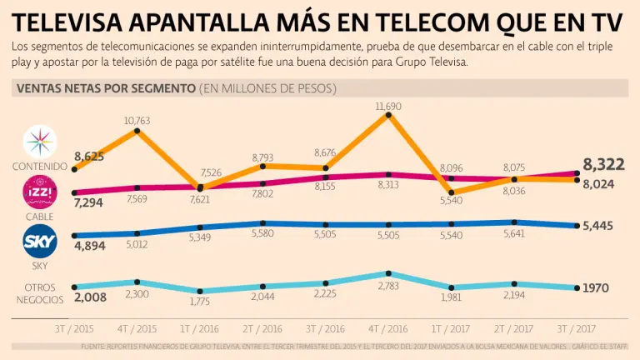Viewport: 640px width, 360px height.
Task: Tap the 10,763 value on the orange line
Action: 137,122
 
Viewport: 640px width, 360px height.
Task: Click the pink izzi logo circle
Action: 39,193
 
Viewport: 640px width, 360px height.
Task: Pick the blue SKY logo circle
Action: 39,242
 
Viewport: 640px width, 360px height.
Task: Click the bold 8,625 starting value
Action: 88,156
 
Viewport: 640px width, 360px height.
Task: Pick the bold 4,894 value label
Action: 89,247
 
